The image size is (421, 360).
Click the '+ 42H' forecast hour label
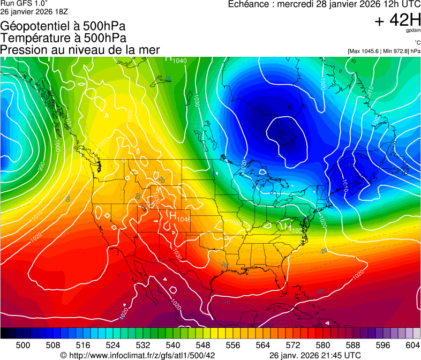pos(398,20)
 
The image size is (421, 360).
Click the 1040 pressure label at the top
pos(179,61)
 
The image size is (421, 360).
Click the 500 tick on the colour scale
pos(23,346)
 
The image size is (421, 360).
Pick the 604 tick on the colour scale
pos(412,346)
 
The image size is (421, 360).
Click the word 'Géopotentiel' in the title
pos(34,26)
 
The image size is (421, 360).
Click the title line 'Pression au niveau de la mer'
pos(80,50)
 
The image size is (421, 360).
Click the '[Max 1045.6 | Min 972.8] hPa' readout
pos(384,51)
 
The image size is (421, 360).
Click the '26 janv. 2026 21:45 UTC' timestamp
pos(314,355)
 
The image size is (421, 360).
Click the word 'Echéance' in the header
pos(249,4)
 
